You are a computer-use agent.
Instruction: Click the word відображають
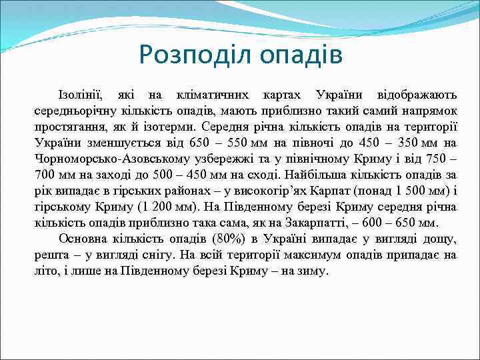point(417,94)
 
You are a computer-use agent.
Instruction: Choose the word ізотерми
point(210,126)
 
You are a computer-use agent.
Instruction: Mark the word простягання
point(69,126)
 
